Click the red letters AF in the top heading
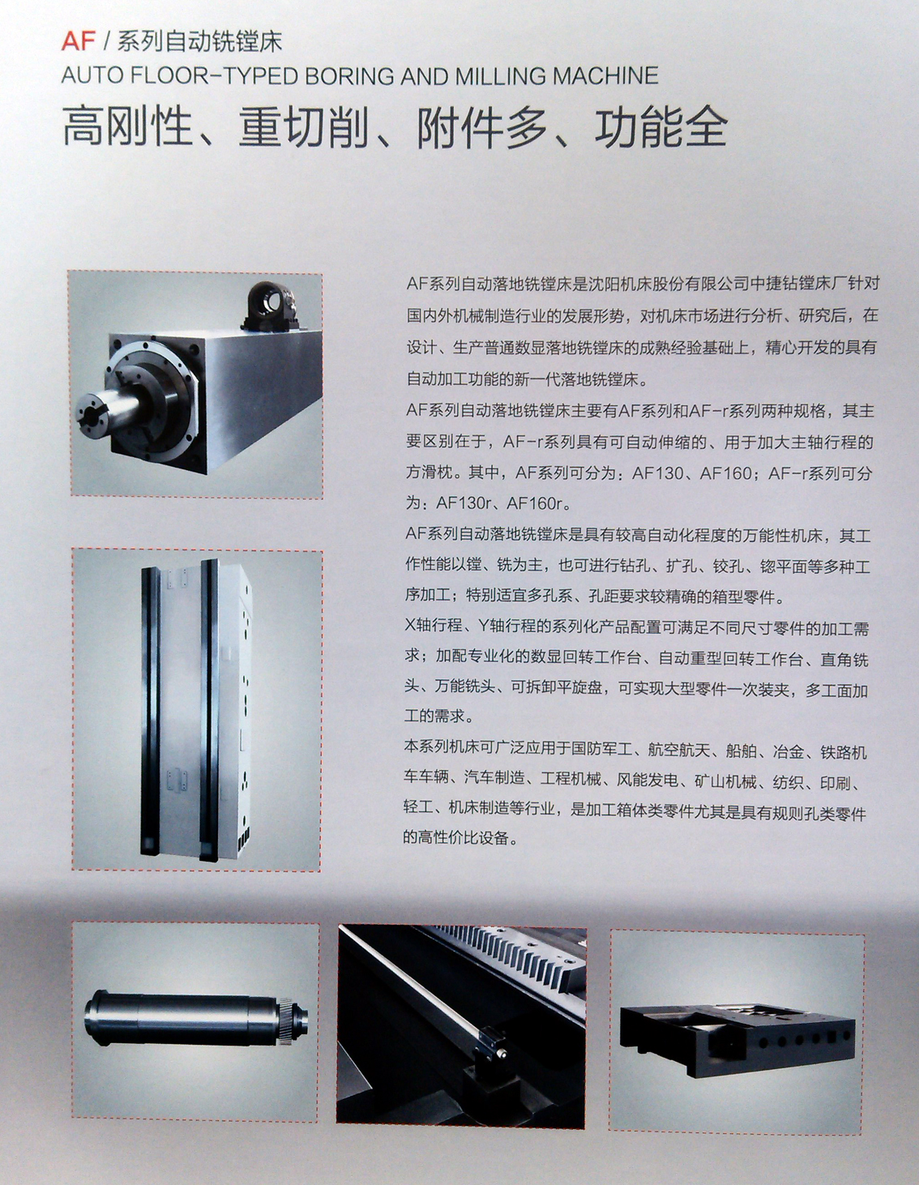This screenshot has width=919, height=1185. [x=79, y=41]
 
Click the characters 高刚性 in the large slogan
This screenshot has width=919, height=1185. [x=127, y=128]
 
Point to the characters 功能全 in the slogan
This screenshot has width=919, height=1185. [x=660, y=128]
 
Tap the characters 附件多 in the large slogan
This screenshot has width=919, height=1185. [x=483, y=128]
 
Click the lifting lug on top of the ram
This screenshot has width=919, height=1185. [x=270, y=307]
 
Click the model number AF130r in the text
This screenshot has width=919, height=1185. [x=464, y=503]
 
